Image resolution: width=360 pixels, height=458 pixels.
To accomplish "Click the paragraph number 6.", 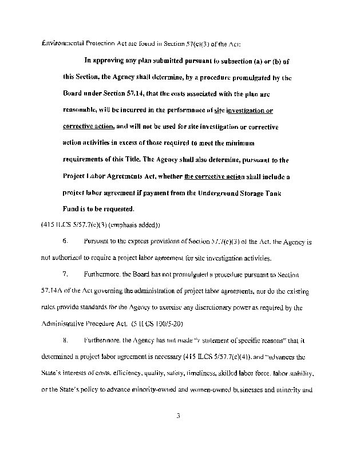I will coord(66,242).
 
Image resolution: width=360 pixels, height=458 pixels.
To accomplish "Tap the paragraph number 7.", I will coord(66,275).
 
